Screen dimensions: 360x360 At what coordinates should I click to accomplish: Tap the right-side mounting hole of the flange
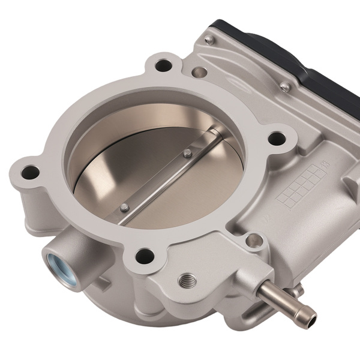(x=276, y=139)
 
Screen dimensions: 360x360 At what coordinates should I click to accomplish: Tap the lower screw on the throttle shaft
(x=124, y=208)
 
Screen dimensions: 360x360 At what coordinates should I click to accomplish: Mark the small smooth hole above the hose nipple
(x=257, y=241)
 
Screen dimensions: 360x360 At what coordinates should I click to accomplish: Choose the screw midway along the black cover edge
(x=286, y=88)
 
